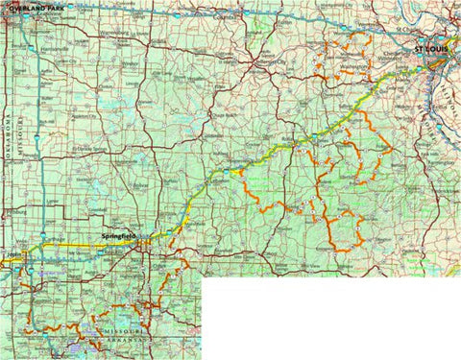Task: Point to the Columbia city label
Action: coord(225,16)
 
